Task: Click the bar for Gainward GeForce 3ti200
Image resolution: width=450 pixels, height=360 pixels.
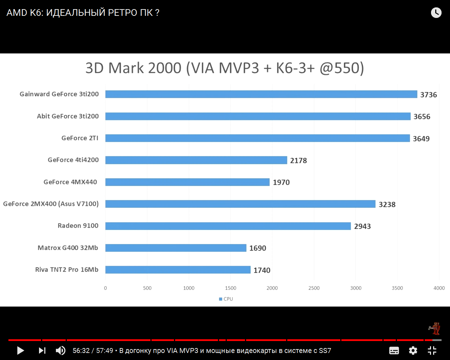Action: click(261, 94)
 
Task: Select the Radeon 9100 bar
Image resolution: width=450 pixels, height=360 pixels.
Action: click(228, 226)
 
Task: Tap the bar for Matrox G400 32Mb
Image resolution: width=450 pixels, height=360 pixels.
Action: click(176, 248)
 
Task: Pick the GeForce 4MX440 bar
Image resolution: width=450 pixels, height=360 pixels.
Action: click(187, 182)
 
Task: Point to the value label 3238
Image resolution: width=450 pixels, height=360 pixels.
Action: click(387, 204)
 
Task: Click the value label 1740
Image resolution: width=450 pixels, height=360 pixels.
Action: click(262, 270)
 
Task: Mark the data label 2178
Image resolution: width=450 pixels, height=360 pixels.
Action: click(298, 160)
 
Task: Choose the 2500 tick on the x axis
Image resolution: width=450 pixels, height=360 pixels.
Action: click(314, 288)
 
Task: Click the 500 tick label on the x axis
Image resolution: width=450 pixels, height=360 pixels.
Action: click(147, 288)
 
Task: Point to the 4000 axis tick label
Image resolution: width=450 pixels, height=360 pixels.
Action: click(439, 288)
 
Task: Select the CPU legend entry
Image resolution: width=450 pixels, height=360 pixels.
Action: click(226, 299)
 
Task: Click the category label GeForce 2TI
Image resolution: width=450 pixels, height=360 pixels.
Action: click(80, 138)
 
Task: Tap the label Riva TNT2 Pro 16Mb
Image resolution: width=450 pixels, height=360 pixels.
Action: click(67, 270)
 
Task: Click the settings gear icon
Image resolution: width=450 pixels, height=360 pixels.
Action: click(413, 351)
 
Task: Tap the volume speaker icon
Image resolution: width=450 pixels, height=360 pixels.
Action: click(60, 351)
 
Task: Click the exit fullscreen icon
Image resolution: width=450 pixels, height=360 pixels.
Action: click(432, 351)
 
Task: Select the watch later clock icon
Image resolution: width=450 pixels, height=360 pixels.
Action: click(436, 13)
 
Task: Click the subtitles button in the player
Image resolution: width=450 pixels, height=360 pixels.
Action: click(394, 351)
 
